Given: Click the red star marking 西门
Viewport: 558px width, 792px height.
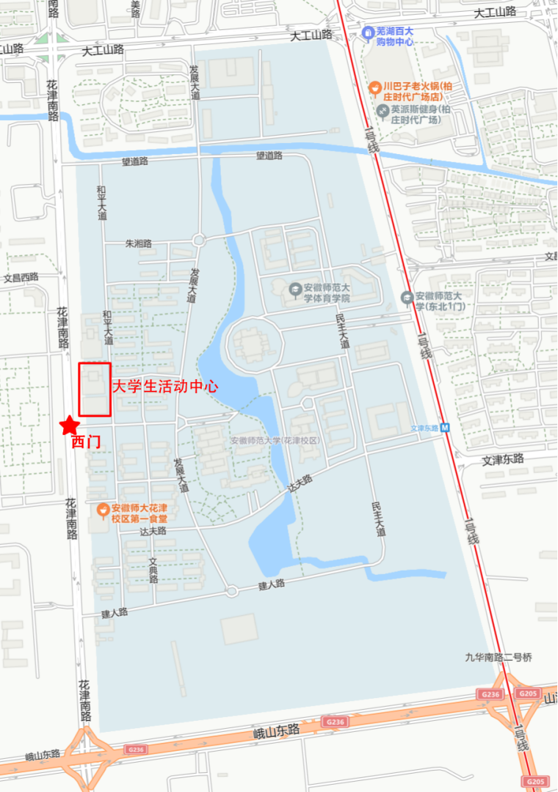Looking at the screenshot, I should point(69,425).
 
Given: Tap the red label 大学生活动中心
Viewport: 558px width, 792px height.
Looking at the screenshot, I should point(164,386).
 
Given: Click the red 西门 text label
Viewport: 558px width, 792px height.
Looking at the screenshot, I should point(86,443).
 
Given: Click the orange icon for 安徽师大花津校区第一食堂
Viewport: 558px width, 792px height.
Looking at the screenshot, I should point(104,507).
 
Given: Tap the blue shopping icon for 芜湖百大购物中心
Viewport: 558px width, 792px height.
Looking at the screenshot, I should point(368,33).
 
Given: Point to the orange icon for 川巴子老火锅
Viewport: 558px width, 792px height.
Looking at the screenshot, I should point(374,87).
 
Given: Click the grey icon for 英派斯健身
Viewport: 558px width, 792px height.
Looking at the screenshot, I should point(382,110).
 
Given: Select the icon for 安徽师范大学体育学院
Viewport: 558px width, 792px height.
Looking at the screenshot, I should point(294,288).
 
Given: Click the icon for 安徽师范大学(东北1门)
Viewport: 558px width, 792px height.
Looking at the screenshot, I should point(407,297).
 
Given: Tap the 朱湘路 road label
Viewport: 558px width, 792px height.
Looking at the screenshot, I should point(138,243).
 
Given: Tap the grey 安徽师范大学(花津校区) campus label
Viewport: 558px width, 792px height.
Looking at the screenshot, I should point(275,441).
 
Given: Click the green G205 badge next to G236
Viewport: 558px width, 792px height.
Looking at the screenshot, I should point(528,693).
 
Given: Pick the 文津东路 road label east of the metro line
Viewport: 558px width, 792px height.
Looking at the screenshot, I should point(503,459).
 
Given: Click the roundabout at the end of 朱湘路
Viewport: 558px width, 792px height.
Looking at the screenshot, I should point(198,240).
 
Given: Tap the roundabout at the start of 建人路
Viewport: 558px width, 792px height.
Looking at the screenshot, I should point(232,591).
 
